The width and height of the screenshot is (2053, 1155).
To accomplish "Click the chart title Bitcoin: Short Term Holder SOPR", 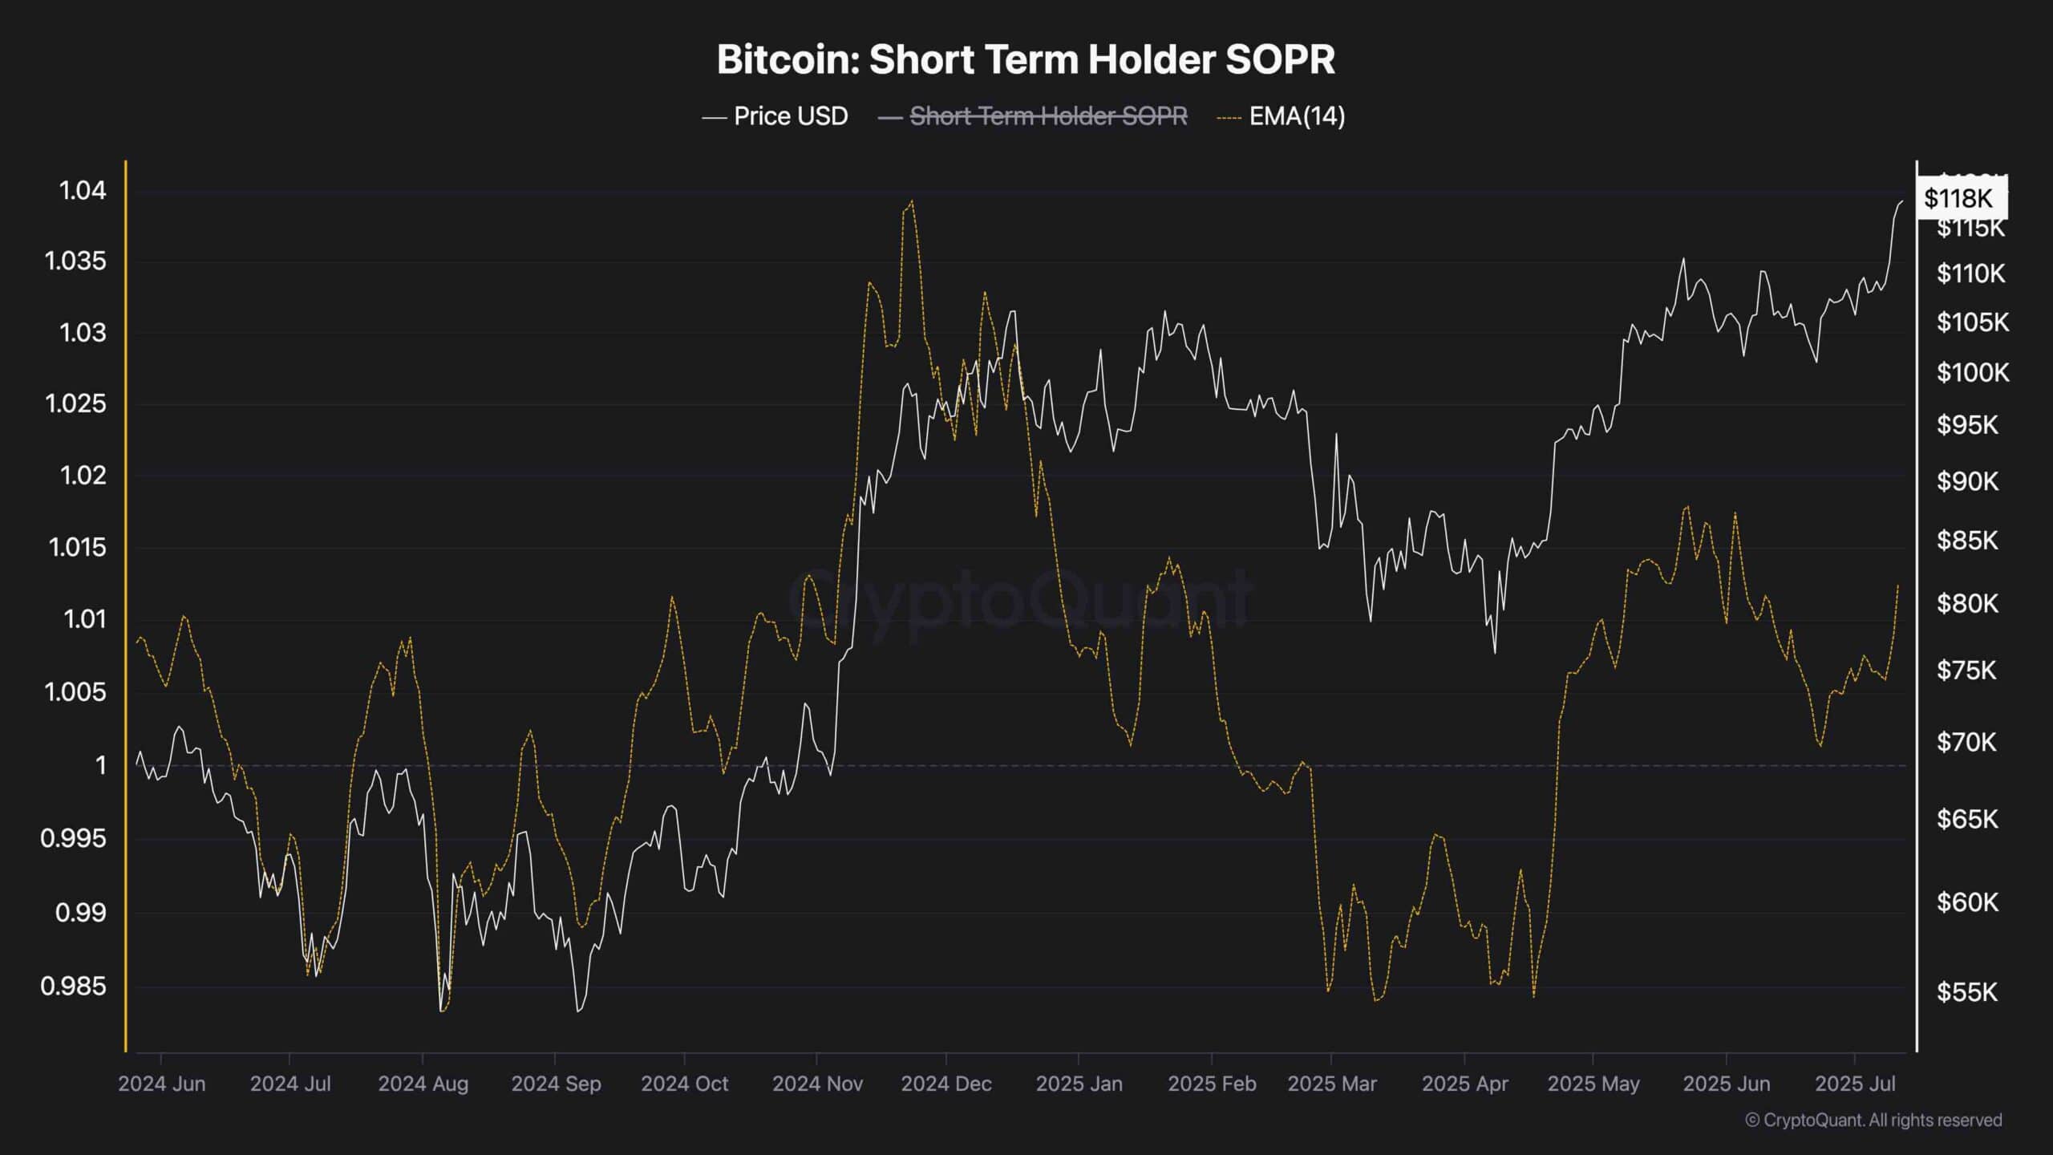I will click(x=1026, y=59).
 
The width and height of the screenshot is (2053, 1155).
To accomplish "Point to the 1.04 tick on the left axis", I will click(x=83, y=191).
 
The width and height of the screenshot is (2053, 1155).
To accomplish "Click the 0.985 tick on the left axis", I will click(x=74, y=986).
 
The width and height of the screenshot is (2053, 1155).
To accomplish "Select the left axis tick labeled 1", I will click(x=100, y=765).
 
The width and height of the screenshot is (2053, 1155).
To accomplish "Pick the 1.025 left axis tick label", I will click(x=76, y=403).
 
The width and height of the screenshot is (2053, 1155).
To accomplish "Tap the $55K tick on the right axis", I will click(x=1966, y=992).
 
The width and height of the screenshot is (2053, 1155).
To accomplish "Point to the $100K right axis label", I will click(x=1973, y=372).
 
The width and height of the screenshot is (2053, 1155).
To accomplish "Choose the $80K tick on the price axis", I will click(x=1967, y=603).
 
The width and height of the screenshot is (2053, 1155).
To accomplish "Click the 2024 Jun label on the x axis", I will click(x=162, y=1084).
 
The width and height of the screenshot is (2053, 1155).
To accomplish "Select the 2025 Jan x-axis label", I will click(x=1079, y=1084).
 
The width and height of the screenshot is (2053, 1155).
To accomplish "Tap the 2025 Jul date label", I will click(x=1855, y=1084).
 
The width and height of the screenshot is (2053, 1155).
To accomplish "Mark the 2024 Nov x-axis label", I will click(x=817, y=1084).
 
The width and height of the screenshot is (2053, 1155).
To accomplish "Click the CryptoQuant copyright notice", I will click(x=1873, y=1120).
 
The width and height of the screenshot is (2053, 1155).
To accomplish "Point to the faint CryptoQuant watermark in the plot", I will click(x=1018, y=598).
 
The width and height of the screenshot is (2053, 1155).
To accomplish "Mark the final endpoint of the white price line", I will click(x=1902, y=201).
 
